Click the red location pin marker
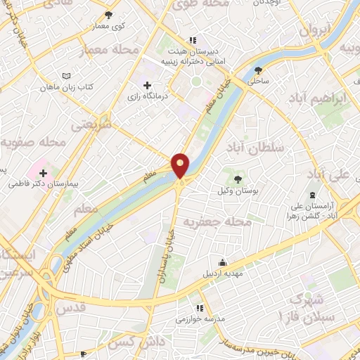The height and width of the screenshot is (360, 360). point(181,166)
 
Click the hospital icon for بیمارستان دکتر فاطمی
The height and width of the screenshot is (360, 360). point(43,172)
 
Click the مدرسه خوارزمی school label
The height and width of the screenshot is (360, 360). point(203,319)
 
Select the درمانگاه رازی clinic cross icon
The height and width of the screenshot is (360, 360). point(147,85)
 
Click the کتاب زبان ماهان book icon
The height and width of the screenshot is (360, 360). point(67,76)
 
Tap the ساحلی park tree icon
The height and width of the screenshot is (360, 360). point(258,70)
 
